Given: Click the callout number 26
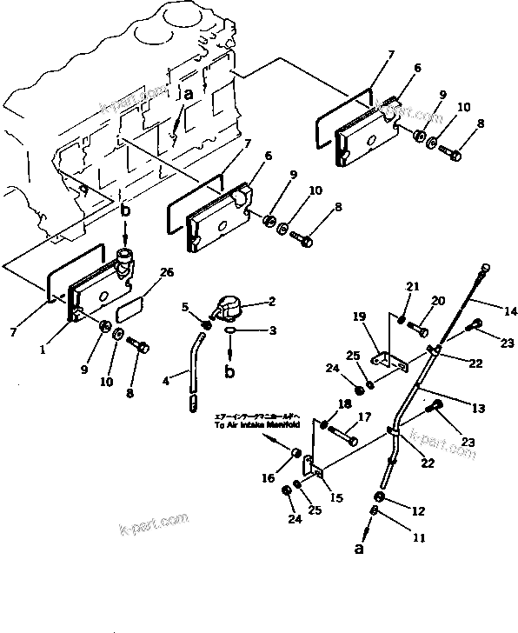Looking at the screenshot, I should [x=165, y=271].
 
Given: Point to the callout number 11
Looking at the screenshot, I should [x=419, y=538].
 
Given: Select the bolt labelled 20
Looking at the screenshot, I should [x=419, y=330].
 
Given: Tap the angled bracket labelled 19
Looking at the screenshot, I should [x=382, y=362].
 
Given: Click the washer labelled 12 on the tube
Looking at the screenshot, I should [x=380, y=497].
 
